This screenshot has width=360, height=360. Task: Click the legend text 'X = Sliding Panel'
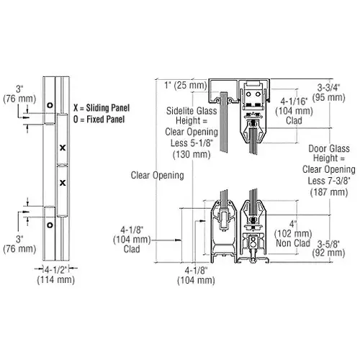99,103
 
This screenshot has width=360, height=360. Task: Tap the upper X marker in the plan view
63,148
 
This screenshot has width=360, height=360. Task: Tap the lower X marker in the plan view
63,181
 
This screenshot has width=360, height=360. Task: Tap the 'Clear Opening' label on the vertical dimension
156,175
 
